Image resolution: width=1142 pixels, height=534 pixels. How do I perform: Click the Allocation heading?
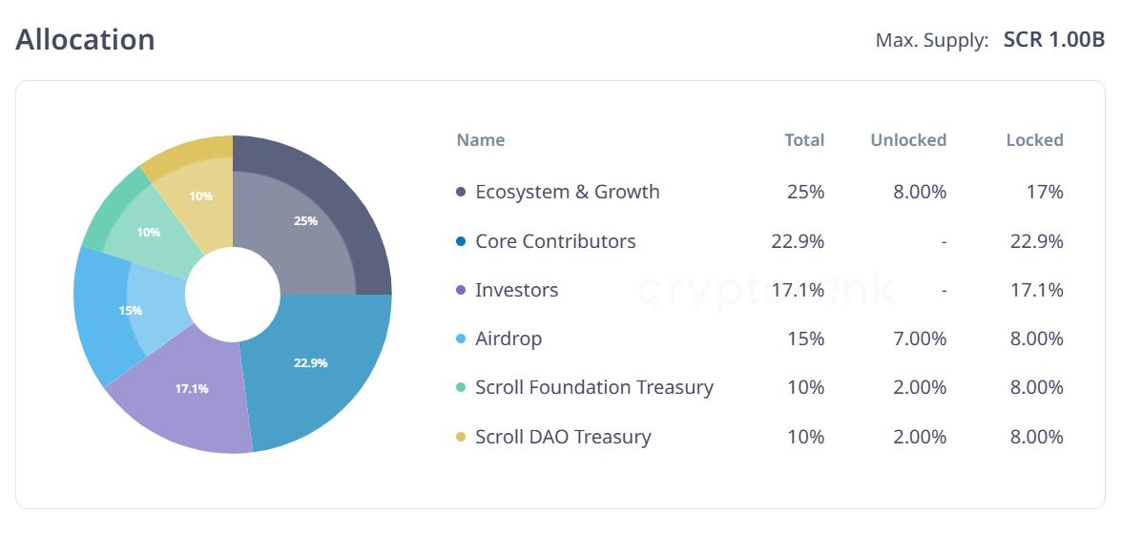coord(85,40)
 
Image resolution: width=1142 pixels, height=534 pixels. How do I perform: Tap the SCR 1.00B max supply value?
coord(1054,41)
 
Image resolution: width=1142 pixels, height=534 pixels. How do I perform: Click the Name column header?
coord(480,140)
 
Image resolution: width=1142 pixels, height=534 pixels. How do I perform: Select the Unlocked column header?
coord(907,140)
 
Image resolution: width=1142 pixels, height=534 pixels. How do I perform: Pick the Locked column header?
coord(1034,140)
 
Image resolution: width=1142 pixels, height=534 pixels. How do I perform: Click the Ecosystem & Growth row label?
coord(567,192)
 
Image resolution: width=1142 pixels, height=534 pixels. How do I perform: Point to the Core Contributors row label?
coord(555,241)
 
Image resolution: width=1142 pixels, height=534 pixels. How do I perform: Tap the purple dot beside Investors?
coord(461,290)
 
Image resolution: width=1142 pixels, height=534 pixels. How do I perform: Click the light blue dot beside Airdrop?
coord(461,339)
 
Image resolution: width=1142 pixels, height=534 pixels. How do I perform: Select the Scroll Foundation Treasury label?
coord(593,387)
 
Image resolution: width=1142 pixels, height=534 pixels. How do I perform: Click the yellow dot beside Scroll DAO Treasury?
coord(461,437)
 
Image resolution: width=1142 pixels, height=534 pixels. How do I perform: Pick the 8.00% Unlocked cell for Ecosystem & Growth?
coord(919,192)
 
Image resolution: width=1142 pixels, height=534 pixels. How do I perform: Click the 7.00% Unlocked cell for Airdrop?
coord(919,339)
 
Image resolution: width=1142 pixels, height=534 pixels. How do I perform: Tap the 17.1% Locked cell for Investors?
coord(1036,290)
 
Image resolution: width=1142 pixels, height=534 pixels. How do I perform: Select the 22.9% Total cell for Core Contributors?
coord(798,241)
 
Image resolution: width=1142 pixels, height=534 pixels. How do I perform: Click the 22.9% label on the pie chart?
coord(311,362)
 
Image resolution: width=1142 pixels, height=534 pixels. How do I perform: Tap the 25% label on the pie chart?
coord(305,220)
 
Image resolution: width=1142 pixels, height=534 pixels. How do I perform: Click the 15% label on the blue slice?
coord(131,310)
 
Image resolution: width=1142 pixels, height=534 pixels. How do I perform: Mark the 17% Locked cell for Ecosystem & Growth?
coord(1044,192)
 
